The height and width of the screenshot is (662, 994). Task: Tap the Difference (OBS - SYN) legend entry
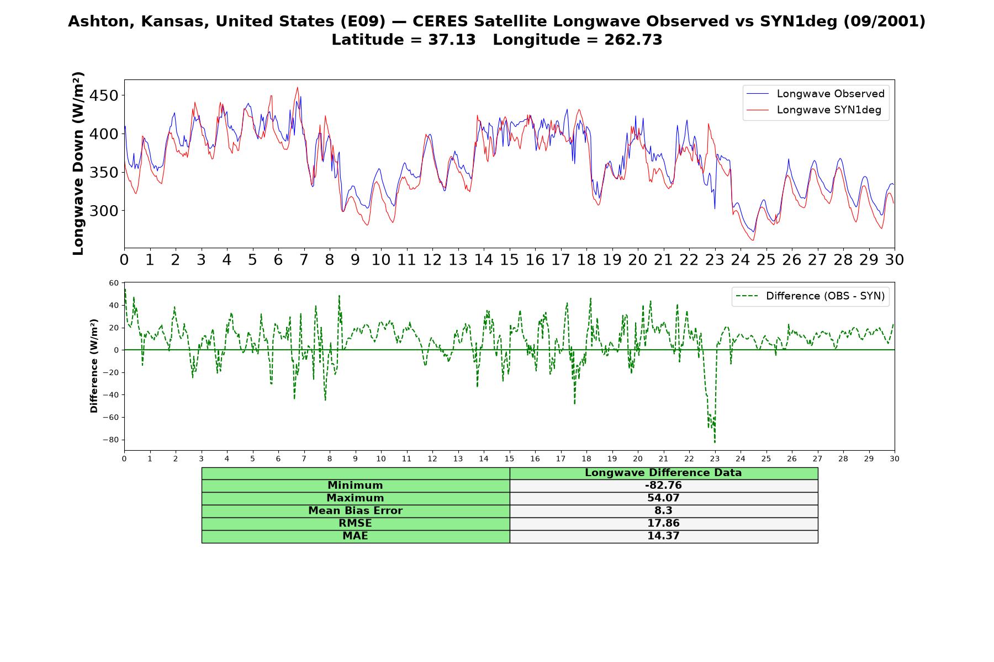point(810,296)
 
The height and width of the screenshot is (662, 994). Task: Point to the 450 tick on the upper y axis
point(103,95)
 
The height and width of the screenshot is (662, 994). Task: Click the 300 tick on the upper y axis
point(103,211)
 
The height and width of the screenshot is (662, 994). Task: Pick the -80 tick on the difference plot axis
point(110,440)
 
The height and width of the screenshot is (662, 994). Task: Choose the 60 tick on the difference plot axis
point(114,283)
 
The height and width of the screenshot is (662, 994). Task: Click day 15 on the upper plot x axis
point(509,260)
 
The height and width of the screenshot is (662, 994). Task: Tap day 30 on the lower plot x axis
point(895,459)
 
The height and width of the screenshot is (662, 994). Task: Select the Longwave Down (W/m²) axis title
point(78,163)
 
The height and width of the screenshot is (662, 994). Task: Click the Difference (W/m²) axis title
point(94,366)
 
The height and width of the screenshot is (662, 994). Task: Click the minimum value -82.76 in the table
point(663,485)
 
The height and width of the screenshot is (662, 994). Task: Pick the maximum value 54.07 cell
point(663,498)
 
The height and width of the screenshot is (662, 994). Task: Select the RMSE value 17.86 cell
point(663,524)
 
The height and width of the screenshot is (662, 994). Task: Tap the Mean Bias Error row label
point(355,511)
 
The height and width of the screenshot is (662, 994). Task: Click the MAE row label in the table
point(355,536)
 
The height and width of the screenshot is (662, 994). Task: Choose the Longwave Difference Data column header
point(663,473)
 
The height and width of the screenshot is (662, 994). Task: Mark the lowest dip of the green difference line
point(715,442)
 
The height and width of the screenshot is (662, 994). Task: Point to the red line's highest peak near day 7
point(298,87)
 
